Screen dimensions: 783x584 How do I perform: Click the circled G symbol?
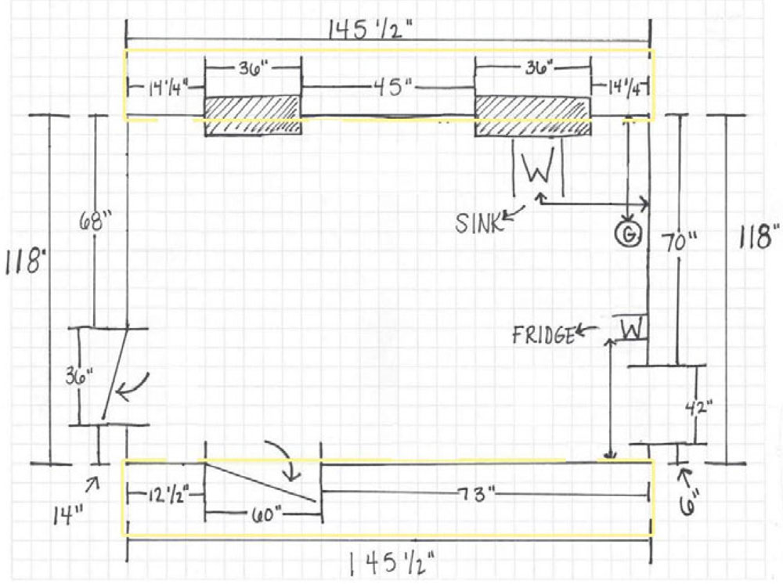(629, 233)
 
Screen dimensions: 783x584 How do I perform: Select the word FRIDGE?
(544, 334)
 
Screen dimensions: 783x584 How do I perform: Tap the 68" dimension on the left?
(96, 221)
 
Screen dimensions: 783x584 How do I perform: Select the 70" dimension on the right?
(678, 244)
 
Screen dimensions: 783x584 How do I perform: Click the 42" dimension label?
(699, 409)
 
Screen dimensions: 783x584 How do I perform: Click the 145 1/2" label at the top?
(370, 30)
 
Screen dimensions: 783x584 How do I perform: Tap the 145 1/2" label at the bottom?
(391, 563)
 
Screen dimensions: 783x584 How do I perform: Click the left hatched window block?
(253, 115)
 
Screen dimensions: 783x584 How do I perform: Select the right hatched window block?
(532, 115)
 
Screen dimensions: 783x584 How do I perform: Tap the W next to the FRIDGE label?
(632, 329)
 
